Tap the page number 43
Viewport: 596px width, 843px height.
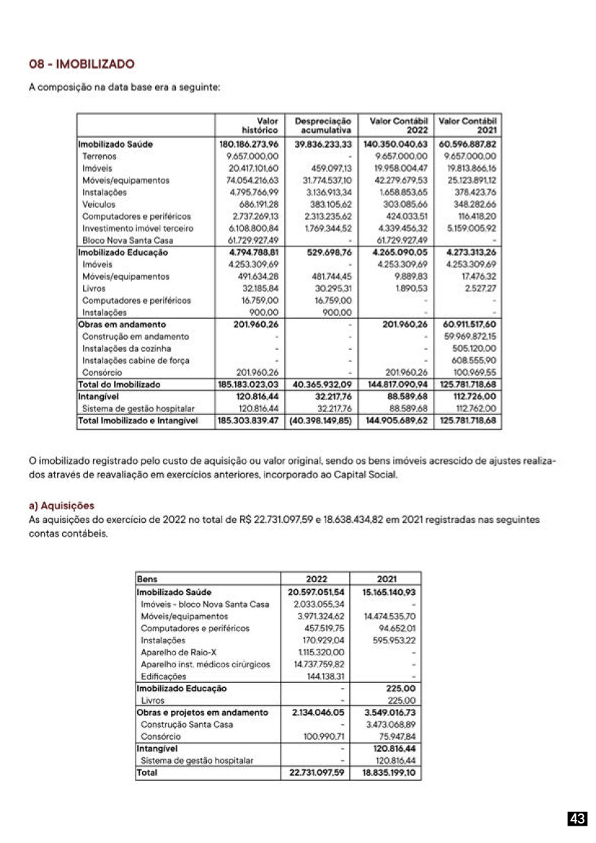point(577,818)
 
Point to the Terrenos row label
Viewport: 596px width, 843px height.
point(99,156)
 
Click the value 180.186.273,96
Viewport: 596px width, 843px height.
point(248,144)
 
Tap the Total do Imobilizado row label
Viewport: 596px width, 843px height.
point(119,384)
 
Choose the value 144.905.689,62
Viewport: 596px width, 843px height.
point(397,420)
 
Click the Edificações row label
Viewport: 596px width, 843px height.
point(164,676)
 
